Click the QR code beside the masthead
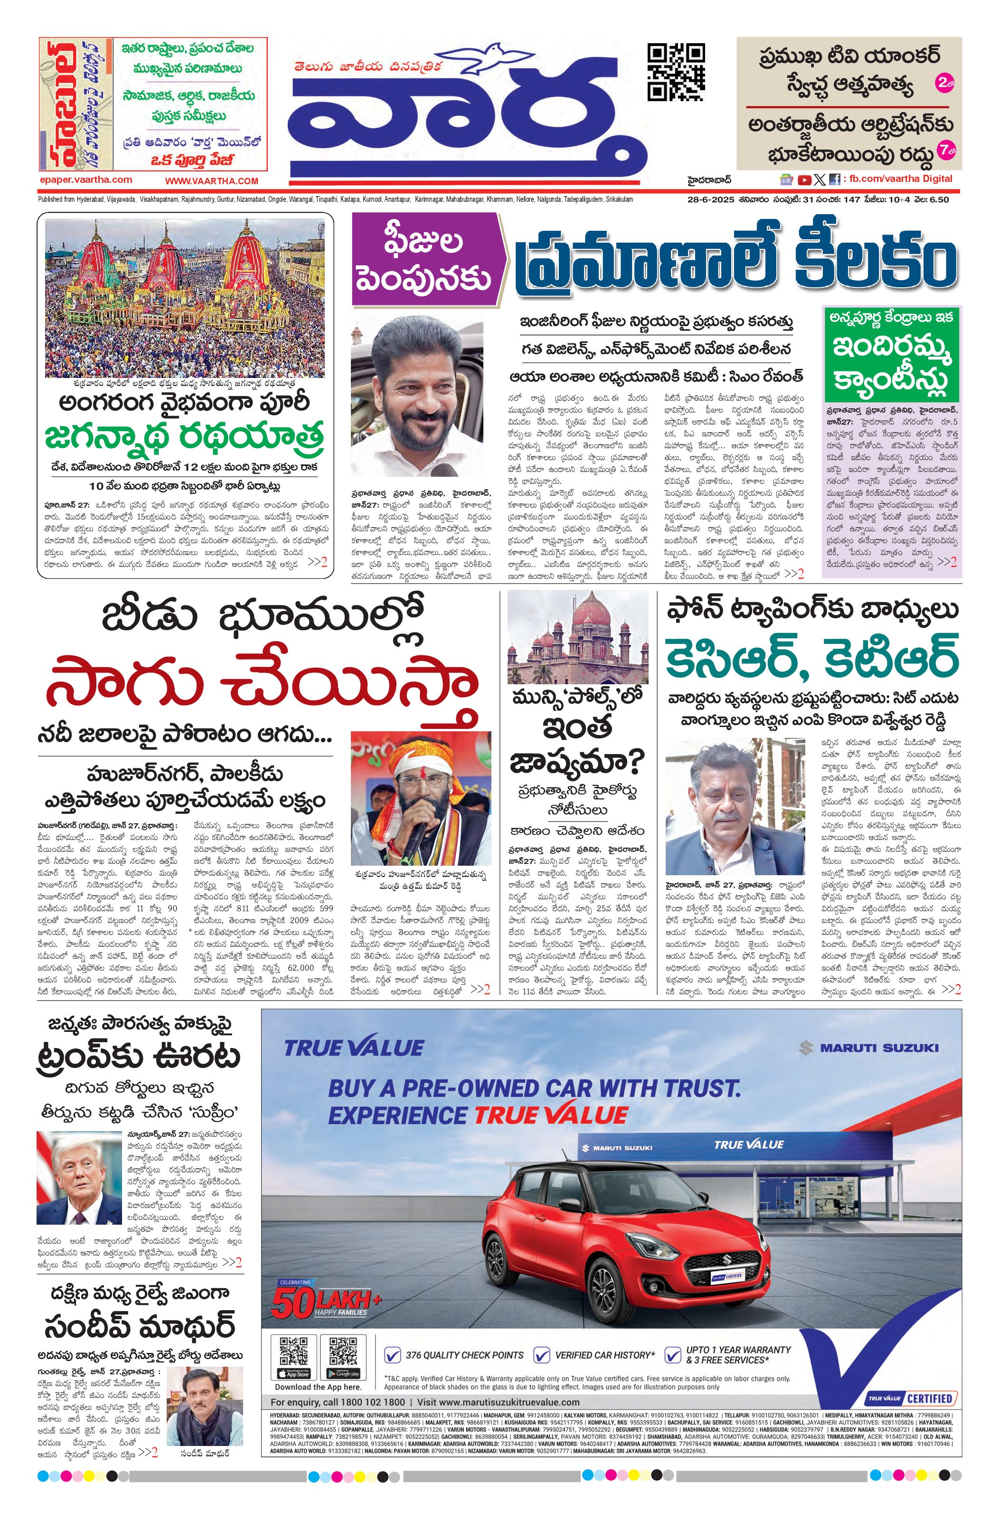click(676, 72)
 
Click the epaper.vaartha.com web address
click(85, 179)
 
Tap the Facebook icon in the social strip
click(834, 179)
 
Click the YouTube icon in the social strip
click(805, 179)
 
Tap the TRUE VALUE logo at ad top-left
click(353, 1049)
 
